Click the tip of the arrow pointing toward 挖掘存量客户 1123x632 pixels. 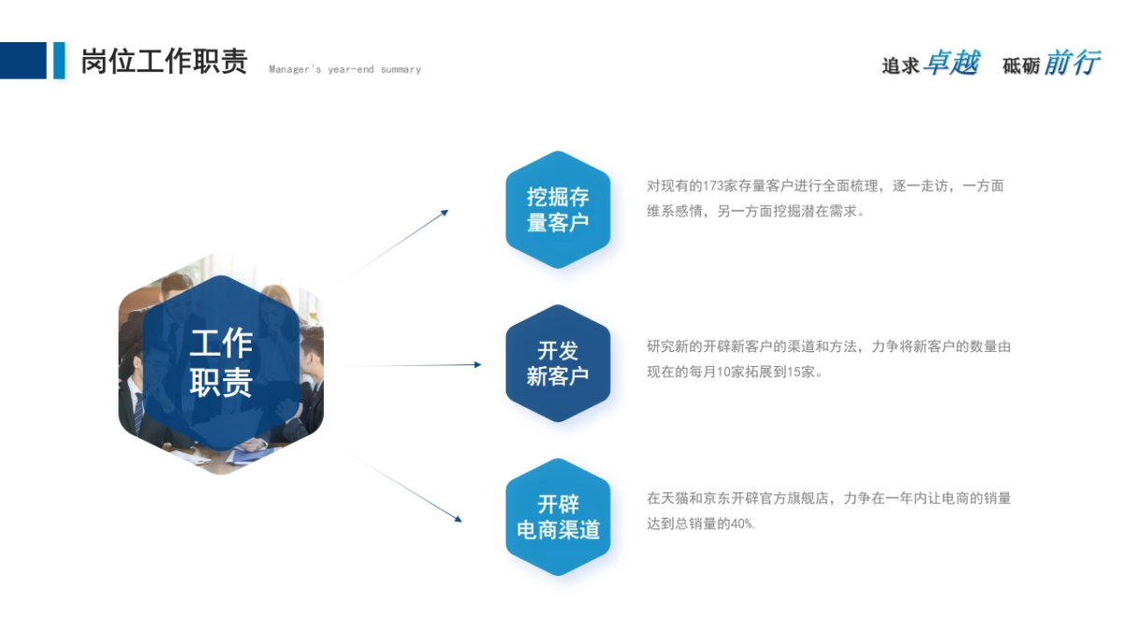tap(448, 211)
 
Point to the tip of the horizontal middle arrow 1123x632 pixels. tap(481, 364)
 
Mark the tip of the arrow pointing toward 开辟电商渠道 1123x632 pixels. tap(461, 522)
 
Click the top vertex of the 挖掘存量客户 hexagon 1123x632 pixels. tap(558, 151)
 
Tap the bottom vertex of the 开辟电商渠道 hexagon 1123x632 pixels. tap(558, 576)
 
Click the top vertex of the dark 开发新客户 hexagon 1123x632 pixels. tap(558, 304)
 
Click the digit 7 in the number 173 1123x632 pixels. tap(712, 186)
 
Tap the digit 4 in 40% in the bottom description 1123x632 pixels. tap(734, 524)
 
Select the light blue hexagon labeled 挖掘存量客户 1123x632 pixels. tap(558, 210)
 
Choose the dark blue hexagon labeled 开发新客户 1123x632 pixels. tap(558, 363)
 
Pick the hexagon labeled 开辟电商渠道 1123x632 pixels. tap(558, 517)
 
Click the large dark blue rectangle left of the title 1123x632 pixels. tap(23, 61)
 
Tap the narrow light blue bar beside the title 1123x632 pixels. tap(59, 61)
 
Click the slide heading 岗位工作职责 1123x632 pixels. tap(164, 61)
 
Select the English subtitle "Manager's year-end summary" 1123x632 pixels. tap(345, 69)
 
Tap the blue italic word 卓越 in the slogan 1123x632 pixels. tap(952, 63)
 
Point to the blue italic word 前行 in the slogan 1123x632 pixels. tap(1072, 63)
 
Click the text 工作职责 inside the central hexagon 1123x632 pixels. tap(221, 363)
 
